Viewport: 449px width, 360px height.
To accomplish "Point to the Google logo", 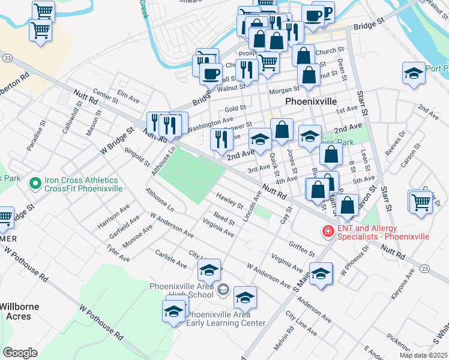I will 20,352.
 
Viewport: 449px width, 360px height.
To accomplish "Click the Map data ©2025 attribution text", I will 424,355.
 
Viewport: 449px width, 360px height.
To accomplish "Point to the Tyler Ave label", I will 118,253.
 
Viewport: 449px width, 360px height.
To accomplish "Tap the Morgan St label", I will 267,91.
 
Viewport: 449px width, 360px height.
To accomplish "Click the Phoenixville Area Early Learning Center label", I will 226,319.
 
